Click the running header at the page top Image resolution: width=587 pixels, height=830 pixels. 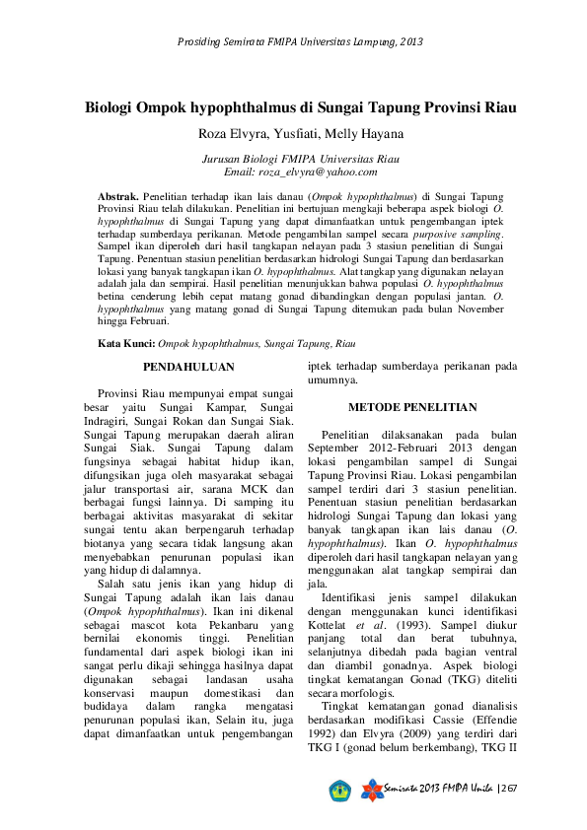click(300, 42)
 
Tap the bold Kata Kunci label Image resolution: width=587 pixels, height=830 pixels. click(126, 343)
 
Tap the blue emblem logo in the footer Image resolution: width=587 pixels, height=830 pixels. click(340, 790)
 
